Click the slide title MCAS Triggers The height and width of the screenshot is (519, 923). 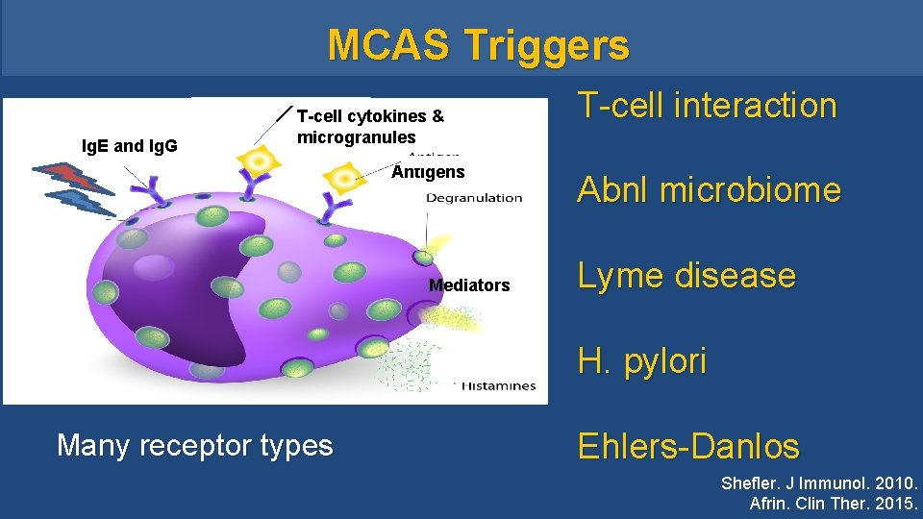pyautogui.click(x=478, y=45)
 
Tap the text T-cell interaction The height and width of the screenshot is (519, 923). pyautogui.click(x=707, y=105)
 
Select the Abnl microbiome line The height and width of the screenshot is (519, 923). pyautogui.click(x=709, y=190)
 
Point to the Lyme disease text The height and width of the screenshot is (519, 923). pyautogui.click(x=686, y=276)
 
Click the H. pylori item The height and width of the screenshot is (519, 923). pyautogui.click(x=641, y=361)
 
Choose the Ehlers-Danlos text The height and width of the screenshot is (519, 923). pyautogui.click(x=687, y=446)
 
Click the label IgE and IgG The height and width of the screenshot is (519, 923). pyautogui.click(x=129, y=147)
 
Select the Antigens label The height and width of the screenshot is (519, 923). pyautogui.click(x=428, y=173)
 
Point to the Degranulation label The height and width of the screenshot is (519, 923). pyautogui.click(x=475, y=198)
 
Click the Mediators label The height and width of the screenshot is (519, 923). pyautogui.click(x=469, y=285)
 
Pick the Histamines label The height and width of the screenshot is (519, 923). pyautogui.click(x=498, y=385)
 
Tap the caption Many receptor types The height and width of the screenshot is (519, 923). pyautogui.click(x=195, y=445)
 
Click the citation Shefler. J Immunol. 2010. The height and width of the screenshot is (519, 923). pyautogui.click(x=819, y=483)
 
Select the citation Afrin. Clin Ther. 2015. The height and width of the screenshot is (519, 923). pyautogui.click(x=834, y=504)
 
